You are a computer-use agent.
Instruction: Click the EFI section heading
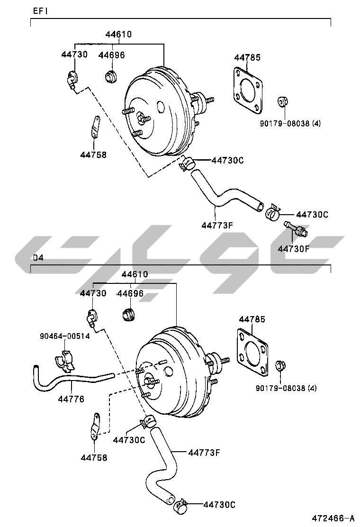pos(40,10)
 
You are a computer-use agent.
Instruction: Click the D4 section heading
pos(38,258)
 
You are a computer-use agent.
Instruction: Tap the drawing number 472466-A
pos(333,518)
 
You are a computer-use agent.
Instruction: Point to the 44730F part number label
pos(293,248)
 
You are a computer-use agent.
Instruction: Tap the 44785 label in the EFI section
pos(247,58)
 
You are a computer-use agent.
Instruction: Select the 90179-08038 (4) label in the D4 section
pos(286,388)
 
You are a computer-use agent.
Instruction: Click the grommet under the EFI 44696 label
pos(111,76)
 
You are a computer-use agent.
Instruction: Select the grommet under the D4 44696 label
pos(128,314)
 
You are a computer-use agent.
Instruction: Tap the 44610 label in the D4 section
pos(135,274)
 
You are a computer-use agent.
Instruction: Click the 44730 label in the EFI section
pos(74,55)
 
